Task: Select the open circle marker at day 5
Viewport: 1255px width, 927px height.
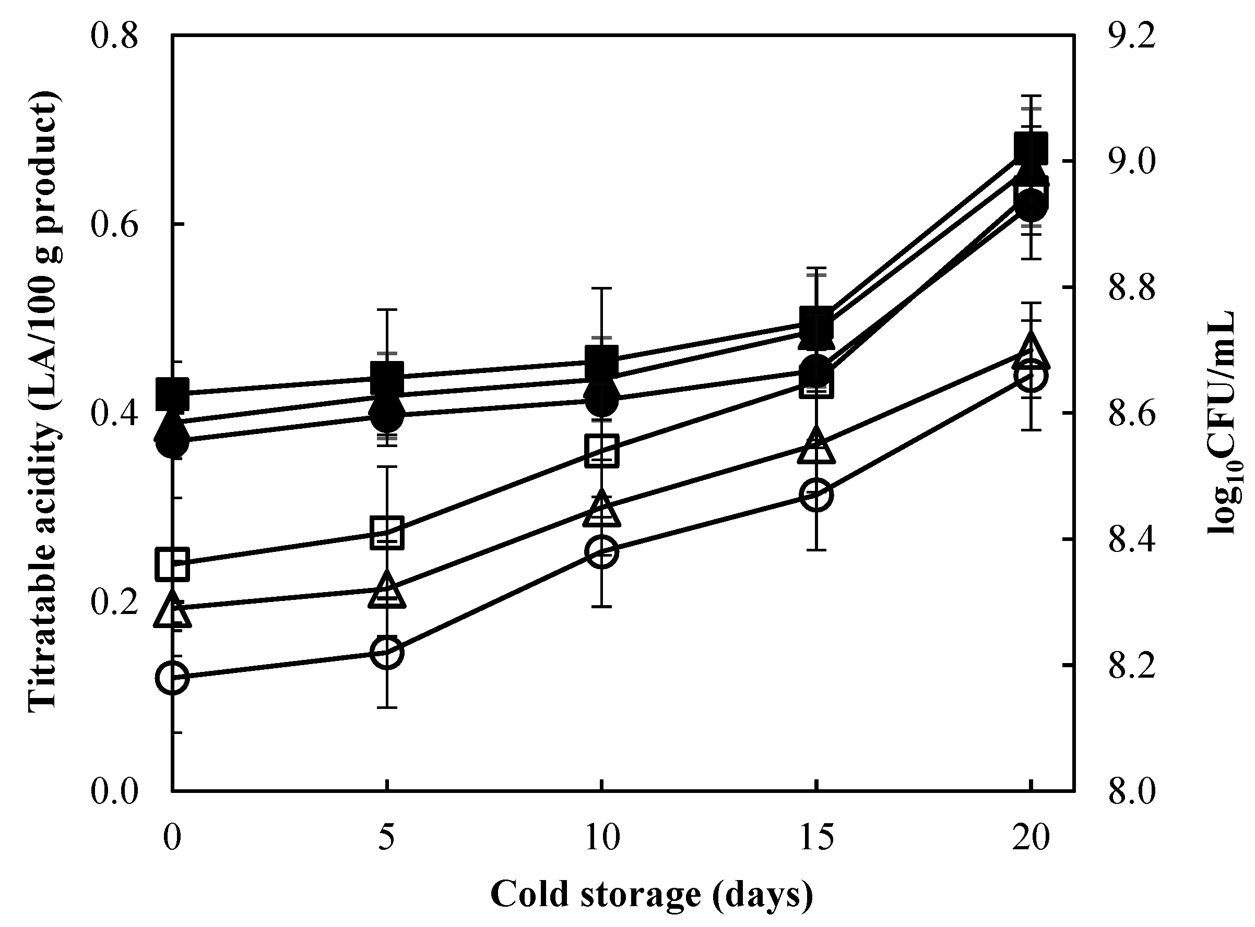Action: [x=387, y=653]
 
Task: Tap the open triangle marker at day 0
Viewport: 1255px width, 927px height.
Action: [x=172, y=610]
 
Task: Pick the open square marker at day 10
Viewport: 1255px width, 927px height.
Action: [x=601, y=450]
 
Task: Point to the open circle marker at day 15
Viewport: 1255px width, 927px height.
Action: [x=816, y=495]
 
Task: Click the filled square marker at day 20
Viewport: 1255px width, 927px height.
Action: [x=1031, y=149]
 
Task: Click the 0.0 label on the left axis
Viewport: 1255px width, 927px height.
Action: [x=114, y=792]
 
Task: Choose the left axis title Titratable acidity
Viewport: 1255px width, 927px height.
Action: [x=44, y=401]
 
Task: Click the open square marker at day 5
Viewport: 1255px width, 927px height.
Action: [x=387, y=532]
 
